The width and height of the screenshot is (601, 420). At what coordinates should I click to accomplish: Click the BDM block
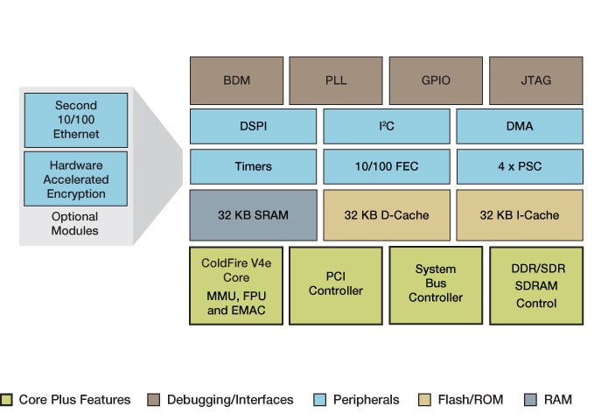click(236, 80)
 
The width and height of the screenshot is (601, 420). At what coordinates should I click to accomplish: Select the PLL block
click(336, 80)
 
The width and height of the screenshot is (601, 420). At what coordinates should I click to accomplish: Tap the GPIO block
click(436, 80)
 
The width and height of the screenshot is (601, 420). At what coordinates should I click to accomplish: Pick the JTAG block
click(535, 80)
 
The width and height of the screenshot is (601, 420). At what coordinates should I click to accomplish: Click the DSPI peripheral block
click(253, 126)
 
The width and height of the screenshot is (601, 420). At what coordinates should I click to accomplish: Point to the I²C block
click(386, 126)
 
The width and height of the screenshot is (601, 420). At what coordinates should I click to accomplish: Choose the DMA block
click(520, 126)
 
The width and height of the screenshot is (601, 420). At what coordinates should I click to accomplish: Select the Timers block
click(253, 166)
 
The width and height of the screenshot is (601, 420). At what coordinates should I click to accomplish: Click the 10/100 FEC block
click(386, 166)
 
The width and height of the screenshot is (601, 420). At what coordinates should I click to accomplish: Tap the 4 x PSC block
click(520, 166)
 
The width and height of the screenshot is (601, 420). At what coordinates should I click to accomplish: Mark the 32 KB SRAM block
click(253, 215)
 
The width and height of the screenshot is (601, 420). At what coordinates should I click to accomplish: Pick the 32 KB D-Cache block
click(386, 215)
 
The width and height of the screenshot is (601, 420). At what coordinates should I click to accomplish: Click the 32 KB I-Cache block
click(520, 215)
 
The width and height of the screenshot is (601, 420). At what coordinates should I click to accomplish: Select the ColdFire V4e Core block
click(236, 285)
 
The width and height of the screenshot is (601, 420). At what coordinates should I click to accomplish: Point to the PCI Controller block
click(336, 285)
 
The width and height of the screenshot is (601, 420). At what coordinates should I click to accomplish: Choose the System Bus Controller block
click(436, 285)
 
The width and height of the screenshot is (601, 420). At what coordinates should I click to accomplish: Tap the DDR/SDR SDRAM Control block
click(535, 285)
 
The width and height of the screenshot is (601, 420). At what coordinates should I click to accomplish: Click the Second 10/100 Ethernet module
click(76, 119)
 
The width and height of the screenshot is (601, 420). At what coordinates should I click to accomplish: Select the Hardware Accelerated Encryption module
click(76, 178)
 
